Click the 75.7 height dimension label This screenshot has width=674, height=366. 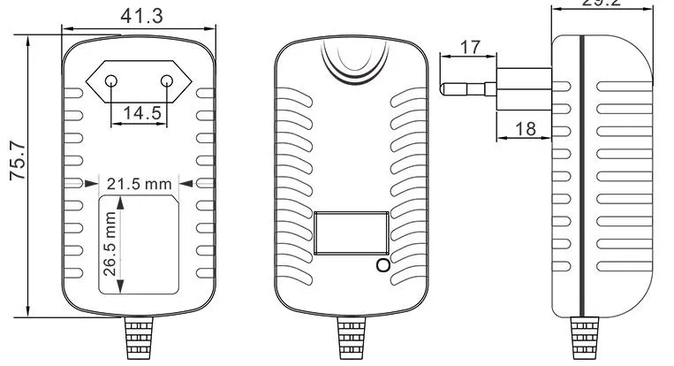point(15,164)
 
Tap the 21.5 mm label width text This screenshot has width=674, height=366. point(138,184)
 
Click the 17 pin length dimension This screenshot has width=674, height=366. point(470,47)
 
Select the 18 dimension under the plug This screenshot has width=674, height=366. point(525,129)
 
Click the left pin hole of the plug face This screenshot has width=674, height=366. point(111,81)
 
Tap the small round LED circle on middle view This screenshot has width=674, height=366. point(382,265)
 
